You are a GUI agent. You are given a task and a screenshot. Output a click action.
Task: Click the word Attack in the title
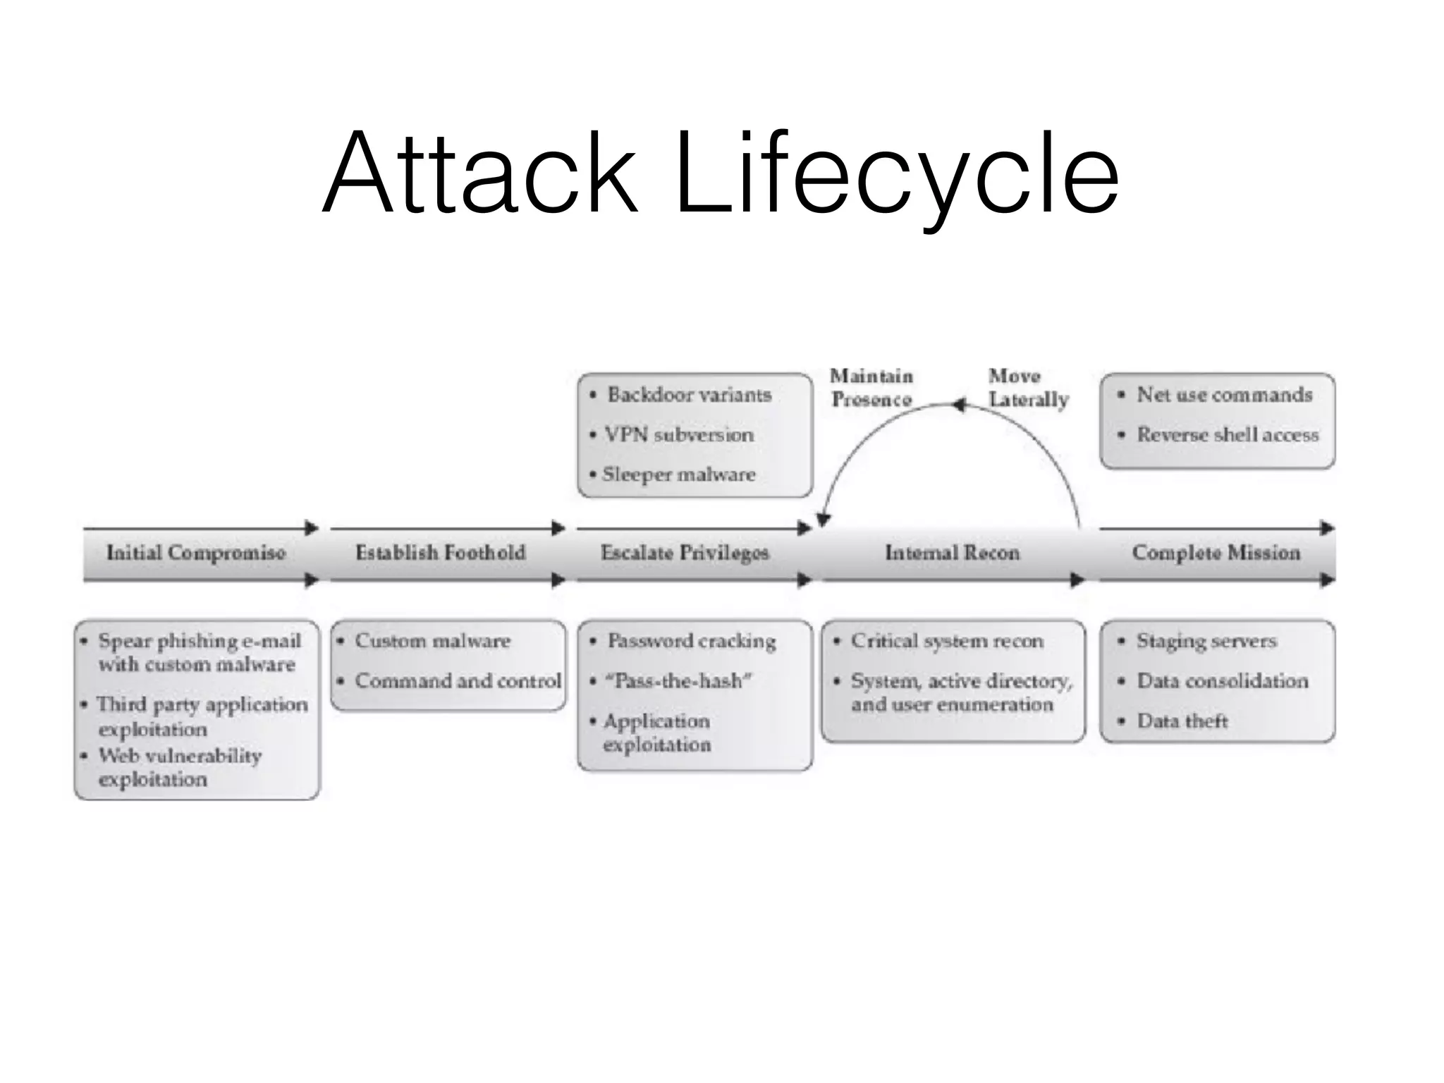[479, 173]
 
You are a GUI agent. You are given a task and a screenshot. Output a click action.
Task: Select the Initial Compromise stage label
[196, 552]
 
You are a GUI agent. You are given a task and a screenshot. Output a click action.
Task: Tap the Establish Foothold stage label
[440, 552]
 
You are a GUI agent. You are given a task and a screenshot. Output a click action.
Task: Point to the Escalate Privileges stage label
[684, 553]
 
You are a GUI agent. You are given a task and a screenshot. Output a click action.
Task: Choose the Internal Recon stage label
[952, 552]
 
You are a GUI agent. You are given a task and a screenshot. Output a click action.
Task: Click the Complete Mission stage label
[1216, 552]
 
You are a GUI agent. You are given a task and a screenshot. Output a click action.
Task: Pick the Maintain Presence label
[871, 387]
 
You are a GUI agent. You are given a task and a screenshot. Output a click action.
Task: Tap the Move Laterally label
[1027, 387]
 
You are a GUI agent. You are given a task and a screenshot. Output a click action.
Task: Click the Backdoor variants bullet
[689, 394]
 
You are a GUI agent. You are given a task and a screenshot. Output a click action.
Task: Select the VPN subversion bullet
[678, 434]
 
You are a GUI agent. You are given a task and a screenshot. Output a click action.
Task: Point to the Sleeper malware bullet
[678, 474]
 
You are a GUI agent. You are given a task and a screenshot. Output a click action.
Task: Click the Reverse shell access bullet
[1227, 434]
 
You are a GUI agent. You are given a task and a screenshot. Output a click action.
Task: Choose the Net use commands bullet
[1224, 394]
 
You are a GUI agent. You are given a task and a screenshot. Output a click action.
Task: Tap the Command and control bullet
[458, 680]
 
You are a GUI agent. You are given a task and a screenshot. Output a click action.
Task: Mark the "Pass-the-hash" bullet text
[678, 680]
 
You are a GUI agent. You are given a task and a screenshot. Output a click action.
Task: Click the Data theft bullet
[1182, 721]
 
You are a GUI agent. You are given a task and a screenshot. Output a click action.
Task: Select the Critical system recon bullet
[946, 641]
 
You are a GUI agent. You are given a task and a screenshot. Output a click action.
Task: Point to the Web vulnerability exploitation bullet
[180, 767]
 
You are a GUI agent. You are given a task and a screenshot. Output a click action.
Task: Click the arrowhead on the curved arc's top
[958, 405]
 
